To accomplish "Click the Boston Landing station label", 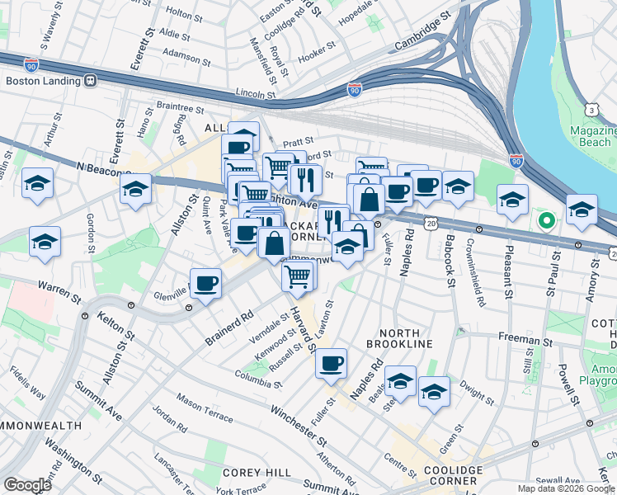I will pyautogui.click(x=41, y=81).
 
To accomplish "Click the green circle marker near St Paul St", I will pyautogui.click(x=544, y=220).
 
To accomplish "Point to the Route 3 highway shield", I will pyautogui.click(x=591, y=109).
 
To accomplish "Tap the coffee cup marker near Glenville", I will pyautogui.click(x=205, y=285).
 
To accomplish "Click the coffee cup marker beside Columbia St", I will pyautogui.click(x=331, y=364).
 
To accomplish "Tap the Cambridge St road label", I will pyautogui.click(x=423, y=31).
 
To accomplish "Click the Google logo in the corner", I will pyautogui.click(x=28, y=484).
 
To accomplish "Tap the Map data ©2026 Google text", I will pyautogui.click(x=565, y=488).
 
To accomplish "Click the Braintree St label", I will pyautogui.click(x=179, y=108).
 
